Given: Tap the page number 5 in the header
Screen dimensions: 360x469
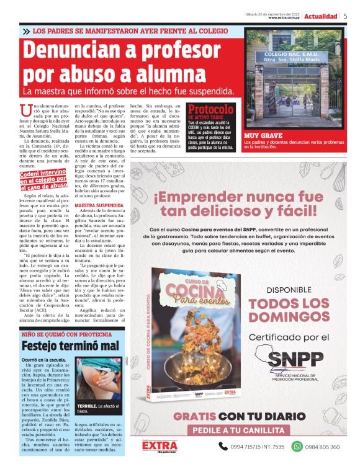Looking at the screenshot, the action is [x=346, y=16].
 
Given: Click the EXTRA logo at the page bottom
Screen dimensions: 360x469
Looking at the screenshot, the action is [x=159, y=446].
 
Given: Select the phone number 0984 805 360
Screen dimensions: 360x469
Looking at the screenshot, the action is [x=323, y=447].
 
